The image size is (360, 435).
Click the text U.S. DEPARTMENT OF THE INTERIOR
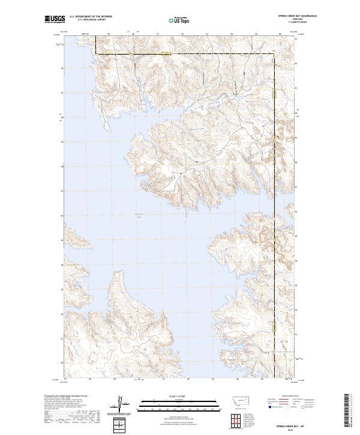91,17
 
